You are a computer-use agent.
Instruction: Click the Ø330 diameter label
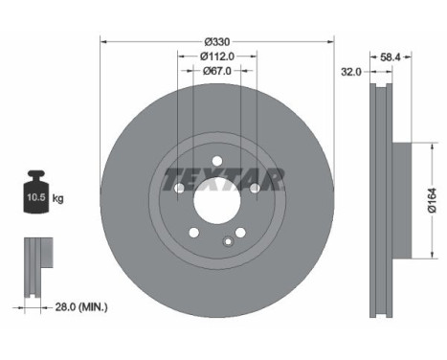(x=218, y=42)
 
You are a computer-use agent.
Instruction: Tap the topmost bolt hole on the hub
(x=217, y=160)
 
